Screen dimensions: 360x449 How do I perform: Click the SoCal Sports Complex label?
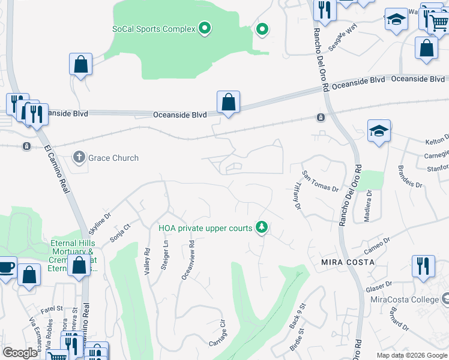click(154, 29)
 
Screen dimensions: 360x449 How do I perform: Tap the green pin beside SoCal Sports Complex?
click(205, 28)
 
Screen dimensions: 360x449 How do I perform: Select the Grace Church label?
click(113, 158)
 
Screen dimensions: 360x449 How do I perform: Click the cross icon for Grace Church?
click(79, 158)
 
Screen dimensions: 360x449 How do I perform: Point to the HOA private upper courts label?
click(205, 228)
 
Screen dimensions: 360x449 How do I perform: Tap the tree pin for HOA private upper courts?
click(261, 227)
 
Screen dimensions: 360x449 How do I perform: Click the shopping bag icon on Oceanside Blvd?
click(229, 103)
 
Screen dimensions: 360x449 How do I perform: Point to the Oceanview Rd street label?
click(189, 260)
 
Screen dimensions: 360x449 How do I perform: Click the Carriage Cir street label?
click(217, 333)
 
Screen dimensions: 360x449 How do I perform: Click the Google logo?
click(20, 353)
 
